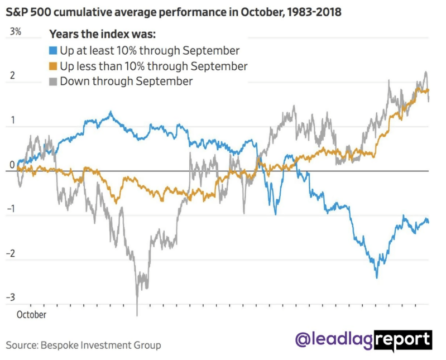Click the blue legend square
click(x=54, y=51)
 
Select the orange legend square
click(x=54, y=66)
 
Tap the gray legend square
click(x=54, y=81)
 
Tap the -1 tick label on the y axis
click(x=11, y=210)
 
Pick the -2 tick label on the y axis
click(x=11, y=254)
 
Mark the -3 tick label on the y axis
click(x=11, y=297)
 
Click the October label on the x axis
click(x=31, y=315)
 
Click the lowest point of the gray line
click(x=137, y=314)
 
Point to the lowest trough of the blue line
click(x=376, y=277)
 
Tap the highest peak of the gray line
click(x=426, y=72)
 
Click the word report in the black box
click(x=403, y=339)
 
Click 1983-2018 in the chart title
click(x=313, y=12)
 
